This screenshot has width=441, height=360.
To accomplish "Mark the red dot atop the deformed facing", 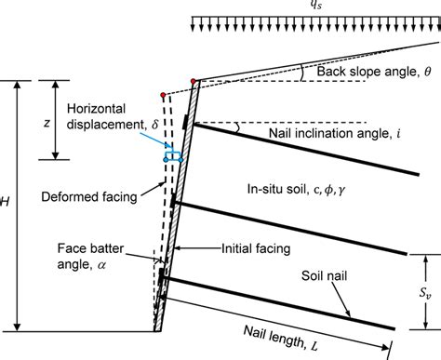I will pos(162,96).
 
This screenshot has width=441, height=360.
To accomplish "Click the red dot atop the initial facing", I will pos(194,82).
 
